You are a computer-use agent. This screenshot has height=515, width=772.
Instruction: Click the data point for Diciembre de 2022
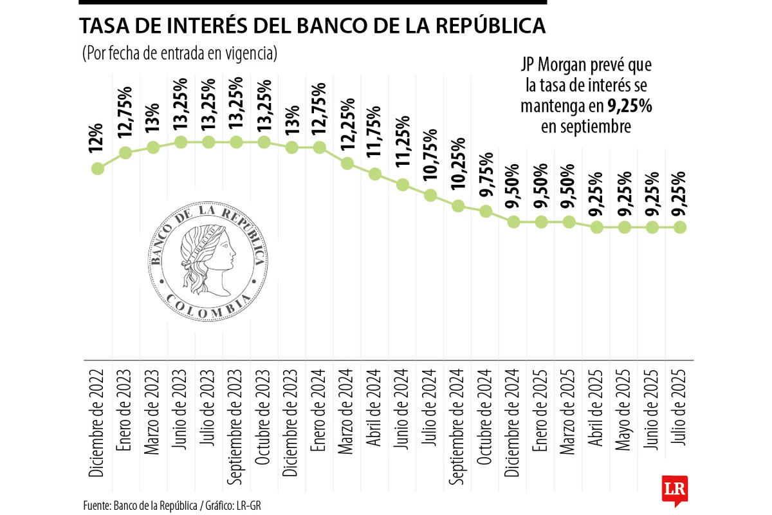click(x=98, y=169)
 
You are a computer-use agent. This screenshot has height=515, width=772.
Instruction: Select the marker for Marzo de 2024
click(x=347, y=164)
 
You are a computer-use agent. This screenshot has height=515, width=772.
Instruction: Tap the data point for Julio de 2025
click(x=680, y=227)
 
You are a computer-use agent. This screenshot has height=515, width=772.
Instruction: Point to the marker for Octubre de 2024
click(x=486, y=211)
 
